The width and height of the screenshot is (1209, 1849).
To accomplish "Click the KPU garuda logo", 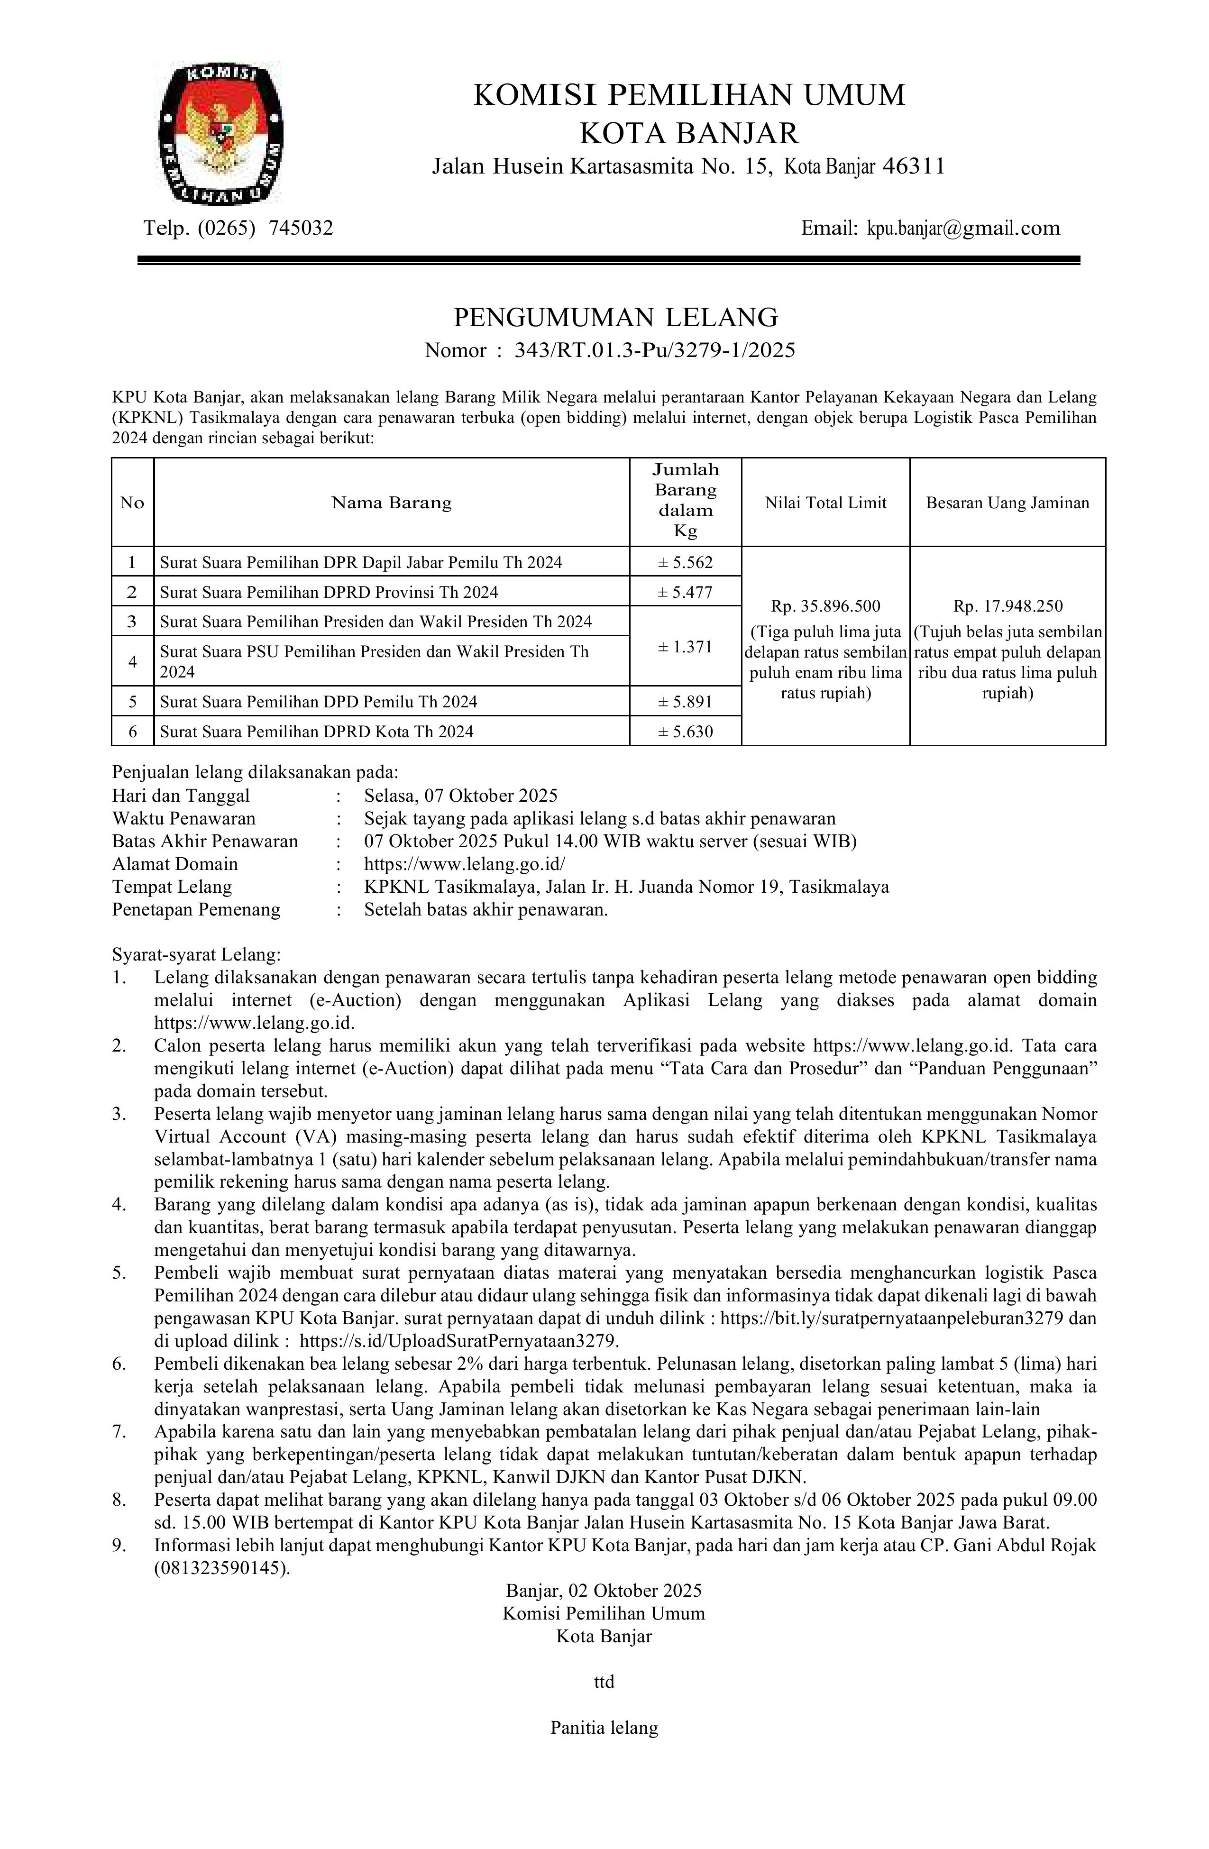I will point(220,134).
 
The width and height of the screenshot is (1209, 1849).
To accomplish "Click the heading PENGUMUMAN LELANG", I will point(615,317).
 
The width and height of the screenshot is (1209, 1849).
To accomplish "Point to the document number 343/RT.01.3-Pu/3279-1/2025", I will point(655,350).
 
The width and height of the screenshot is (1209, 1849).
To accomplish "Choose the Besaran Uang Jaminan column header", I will point(1007,503).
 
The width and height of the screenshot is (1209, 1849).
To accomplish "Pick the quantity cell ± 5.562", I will point(685,562).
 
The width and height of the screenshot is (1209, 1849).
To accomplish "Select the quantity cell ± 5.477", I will point(685,592).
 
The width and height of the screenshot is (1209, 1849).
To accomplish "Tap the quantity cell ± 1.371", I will point(685,646).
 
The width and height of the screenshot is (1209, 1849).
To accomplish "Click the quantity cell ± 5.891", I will point(685,702).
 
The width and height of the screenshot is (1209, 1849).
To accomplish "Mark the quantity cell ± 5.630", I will point(685,731).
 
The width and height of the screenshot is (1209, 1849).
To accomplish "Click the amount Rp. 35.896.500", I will point(825,606).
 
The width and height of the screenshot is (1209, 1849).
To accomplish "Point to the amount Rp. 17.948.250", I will point(1007,606).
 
